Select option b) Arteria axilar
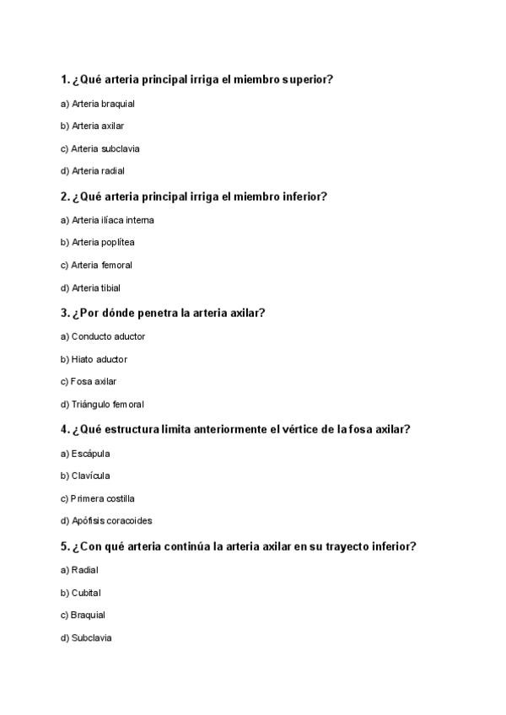pos(98,126)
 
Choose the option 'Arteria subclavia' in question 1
pos(105,148)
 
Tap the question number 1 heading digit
pos(64,80)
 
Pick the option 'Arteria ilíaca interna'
pos(112,220)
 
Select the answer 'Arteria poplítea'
pos(103,242)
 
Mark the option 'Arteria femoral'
pos(102,265)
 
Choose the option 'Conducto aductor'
pos(108,336)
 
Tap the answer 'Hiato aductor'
pos(100,359)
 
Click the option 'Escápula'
pos(90,454)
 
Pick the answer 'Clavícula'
pos(90,476)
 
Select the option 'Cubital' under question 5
pos(86,593)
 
